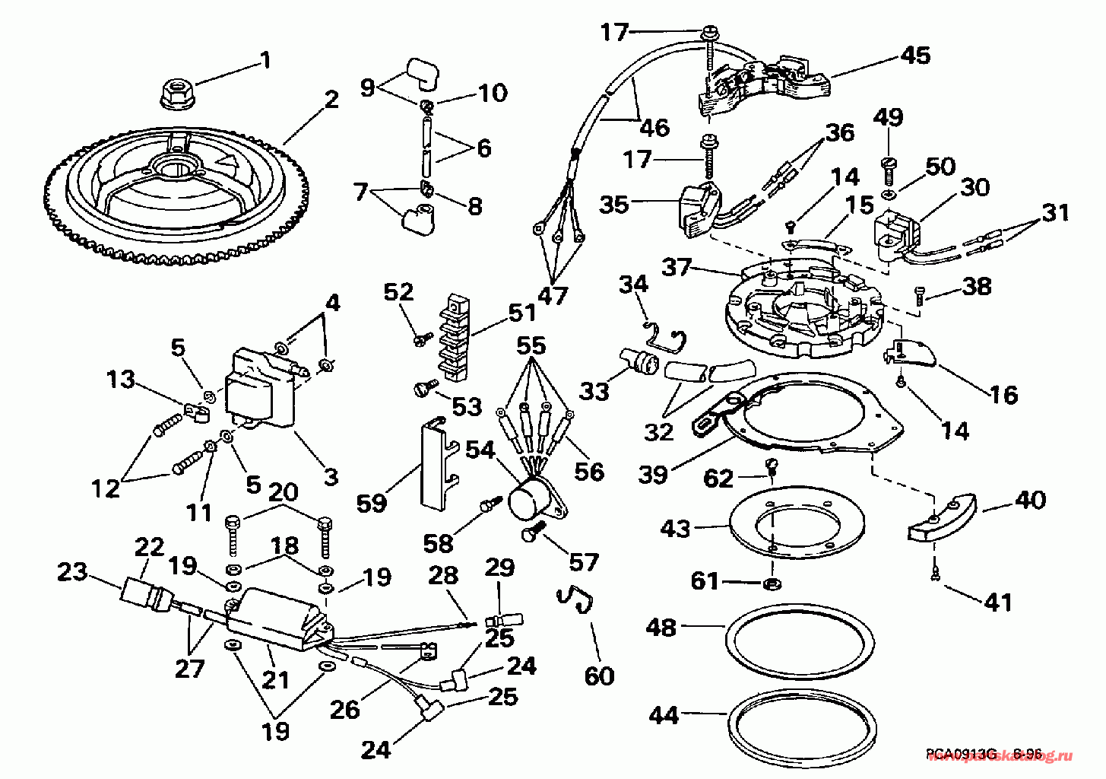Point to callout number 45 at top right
915,56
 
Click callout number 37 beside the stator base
677,267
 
